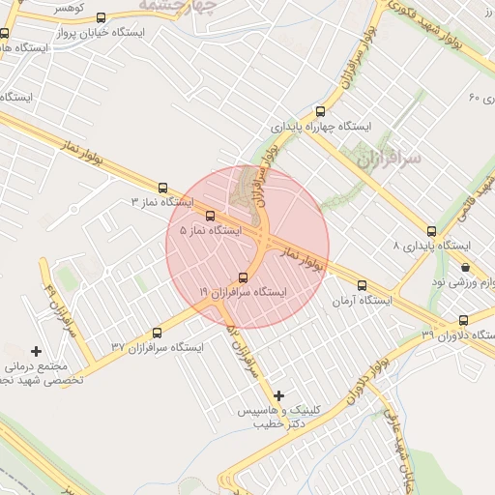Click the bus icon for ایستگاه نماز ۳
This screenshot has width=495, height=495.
click(162, 189)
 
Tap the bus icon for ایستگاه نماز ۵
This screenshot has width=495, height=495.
click(211, 216)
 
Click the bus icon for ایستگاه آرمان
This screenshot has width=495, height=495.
click(363, 285)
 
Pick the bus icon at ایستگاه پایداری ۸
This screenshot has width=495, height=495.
click(431, 231)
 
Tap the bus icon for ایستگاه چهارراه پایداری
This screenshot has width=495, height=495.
click(321, 111)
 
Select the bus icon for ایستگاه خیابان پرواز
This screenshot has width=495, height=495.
click(102, 16)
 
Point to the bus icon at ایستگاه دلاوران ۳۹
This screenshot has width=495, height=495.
click(463, 320)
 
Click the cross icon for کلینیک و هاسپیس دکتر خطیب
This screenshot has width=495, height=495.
click(279, 394)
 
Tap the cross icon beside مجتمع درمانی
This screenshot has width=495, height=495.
click(37, 350)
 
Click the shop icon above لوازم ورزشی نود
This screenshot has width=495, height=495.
click(466, 267)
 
